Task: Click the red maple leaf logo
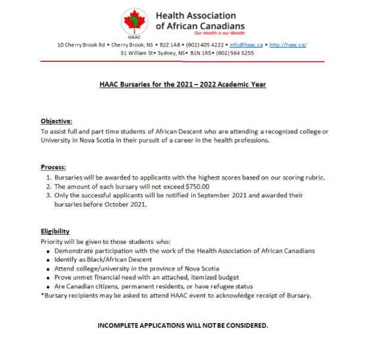click(x=135, y=23)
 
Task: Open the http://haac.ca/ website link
click(x=288, y=45)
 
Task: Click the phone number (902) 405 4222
click(x=205, y=45)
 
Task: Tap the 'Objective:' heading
click(x=56, y=120)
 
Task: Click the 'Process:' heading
click(x=53, y=167)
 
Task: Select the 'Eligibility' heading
click(x=55, y=231)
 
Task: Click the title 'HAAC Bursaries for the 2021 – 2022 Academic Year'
click(x=182, y=85)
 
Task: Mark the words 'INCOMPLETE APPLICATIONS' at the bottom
click(x=139, y=325)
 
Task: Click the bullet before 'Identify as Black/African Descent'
click(x=48, y=260)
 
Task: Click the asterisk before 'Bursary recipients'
click(x=42, y=296)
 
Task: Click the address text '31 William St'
click(x=138, y=53)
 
